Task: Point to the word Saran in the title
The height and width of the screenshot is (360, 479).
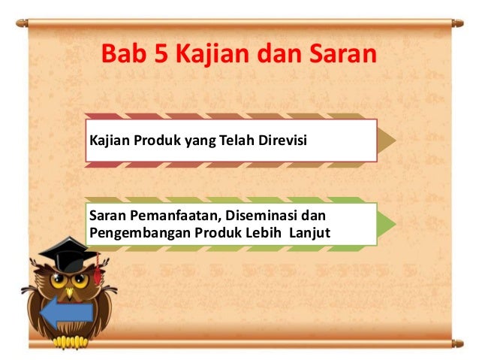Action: tap(345, 53)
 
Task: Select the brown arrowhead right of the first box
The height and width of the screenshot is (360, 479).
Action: tap(387, 139)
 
